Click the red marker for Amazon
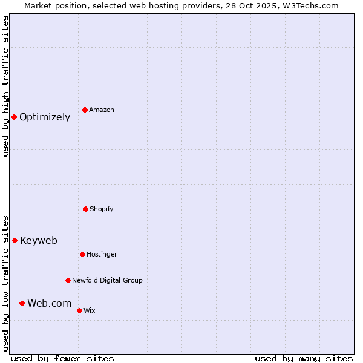tap(85, 110)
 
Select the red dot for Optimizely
tap(14, 117)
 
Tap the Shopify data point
tap(85, 209)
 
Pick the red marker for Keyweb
tap(15, 240)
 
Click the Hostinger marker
tap(82, 254)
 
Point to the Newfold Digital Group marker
tap(68, 280)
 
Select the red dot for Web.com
tap(22, 303)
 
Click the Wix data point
tap(79, 310)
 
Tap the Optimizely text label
tap(45, 117)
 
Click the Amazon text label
tap(102, 110)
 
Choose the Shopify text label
tap(102, 209)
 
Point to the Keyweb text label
tap(39, 241)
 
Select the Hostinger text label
tap(102, 255)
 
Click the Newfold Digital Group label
tap(107, 281)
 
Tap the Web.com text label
tap(49, 304)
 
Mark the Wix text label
tap(90, 311)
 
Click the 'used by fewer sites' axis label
tap(62, 358)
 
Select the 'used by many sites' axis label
tap(304, 358)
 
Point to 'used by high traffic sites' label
tap(5, 86)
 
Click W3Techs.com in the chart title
tap(309, 5)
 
